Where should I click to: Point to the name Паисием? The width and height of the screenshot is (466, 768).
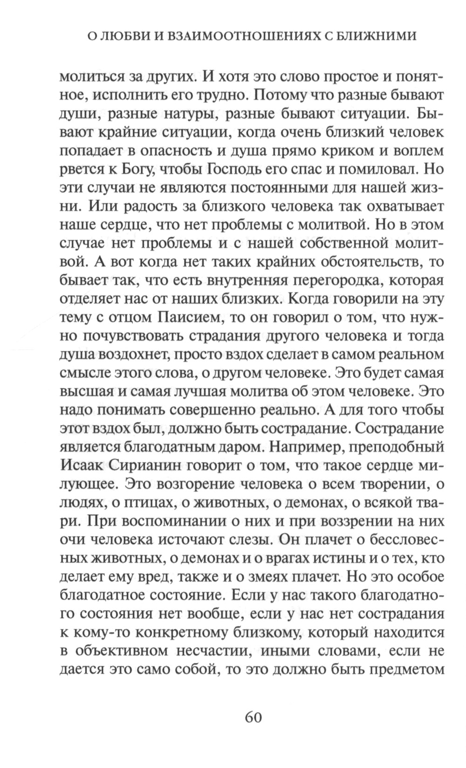(190, 317)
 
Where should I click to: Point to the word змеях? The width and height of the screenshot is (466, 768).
(267, 576)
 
